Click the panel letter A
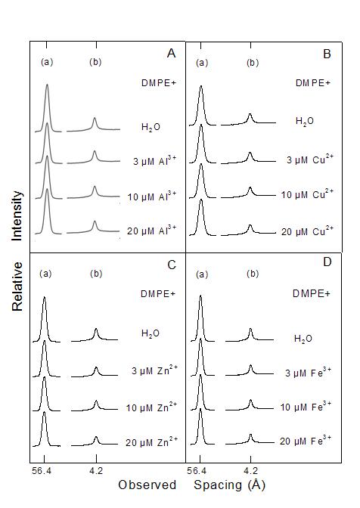[171, 53]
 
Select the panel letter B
[327, 54]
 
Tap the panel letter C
[172, 265]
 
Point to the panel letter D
[327, 262]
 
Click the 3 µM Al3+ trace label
[154, 160]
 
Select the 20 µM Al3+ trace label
[152, 230]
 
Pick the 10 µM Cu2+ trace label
[307, 194]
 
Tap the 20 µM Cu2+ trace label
[307, 231]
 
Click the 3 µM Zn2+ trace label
[154, 370]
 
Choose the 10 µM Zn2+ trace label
[152, 407]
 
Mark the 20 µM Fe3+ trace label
[306, 441]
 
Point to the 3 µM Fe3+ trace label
[308, 372]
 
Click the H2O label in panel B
[305, 122]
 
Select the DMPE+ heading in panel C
[158, 294]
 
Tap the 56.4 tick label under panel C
[42, 470]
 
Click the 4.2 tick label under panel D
[251, 470]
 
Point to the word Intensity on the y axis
[17, 215]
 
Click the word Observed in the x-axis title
[147, 485]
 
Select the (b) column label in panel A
[95, 62]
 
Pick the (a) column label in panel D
[202, 274]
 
